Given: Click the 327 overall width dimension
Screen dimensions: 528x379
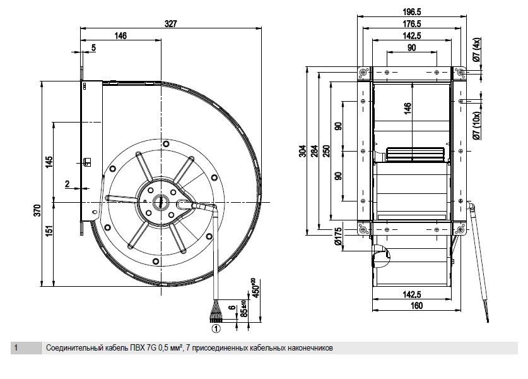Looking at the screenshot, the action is (171, 23).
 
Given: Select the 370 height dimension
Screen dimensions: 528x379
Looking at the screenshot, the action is (37, 210).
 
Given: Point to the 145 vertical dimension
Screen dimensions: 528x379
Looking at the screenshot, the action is (49, 162).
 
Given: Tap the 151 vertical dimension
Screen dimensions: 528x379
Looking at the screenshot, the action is (49, 231).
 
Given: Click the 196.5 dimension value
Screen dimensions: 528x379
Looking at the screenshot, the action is (412, 12).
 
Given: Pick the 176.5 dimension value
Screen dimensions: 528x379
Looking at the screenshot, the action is (412, 23).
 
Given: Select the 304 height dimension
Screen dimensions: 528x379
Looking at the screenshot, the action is (302, 151).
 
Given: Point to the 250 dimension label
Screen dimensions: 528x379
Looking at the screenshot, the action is (326, 151).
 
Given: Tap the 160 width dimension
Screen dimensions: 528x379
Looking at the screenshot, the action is (416, 306).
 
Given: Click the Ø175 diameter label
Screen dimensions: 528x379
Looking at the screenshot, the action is (338, 236).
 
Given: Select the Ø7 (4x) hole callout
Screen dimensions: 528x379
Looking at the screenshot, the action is (477, 49).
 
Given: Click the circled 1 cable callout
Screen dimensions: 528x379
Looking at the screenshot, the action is (216, 328).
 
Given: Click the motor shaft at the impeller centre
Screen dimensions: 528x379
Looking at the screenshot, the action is (158, 202).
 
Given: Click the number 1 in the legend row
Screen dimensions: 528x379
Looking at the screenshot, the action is (16, 347).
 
